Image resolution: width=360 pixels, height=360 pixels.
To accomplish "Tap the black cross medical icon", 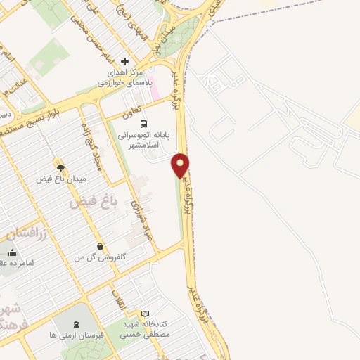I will click(x=125, y=62).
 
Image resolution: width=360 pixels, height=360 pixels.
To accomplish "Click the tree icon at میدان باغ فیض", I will click(x=60, y=167).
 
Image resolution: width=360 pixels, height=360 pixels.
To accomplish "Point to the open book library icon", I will click(x=146, y=313).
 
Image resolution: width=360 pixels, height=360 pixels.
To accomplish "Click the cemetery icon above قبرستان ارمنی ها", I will click(x=76, y=324).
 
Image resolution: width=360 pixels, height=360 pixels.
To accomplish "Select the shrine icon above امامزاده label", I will click(x=11, y=252).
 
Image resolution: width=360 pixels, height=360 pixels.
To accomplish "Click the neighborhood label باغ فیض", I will click(x=91, y=203).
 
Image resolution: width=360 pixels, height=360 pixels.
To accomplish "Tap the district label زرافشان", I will click(x=25, y=233).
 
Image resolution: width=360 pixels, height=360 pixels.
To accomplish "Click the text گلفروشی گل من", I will click(x=103, y=258).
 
